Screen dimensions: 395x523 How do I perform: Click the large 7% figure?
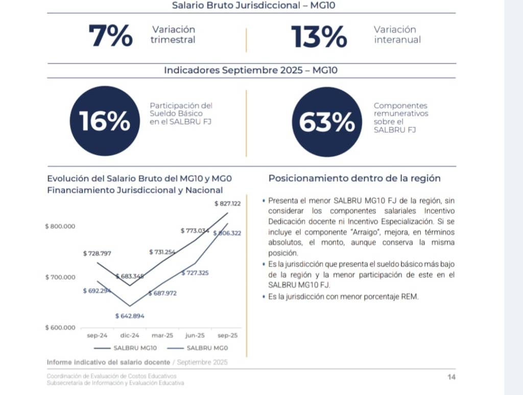(x=110, y=36)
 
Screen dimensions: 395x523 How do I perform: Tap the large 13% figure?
(x=319, y=36)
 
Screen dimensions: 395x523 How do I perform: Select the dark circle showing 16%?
(x=104, y=122)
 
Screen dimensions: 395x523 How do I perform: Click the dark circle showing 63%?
(x=326, y=122)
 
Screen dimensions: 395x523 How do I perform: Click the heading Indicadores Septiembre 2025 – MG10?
(x=250, y=71)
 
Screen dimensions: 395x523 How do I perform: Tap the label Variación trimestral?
(x=173, y=35)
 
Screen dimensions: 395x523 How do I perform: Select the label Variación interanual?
(x=397, y=35)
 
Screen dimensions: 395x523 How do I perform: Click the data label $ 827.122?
(x=227, y=203)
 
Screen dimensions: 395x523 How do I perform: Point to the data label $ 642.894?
(x=130, y=316)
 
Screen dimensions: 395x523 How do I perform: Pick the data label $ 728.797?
(x=97, y=253)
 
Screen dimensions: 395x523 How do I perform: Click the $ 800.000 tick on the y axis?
(x=60, y=226)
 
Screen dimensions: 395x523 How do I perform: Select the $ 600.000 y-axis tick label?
(x=60, y=328)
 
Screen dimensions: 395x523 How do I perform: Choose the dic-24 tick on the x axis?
(x=130, y=336)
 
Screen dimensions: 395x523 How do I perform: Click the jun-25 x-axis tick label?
(x=195, y=336)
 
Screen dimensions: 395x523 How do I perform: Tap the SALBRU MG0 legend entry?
(x=199, y=348)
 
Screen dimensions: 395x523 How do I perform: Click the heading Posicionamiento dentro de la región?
(x=354, y=178)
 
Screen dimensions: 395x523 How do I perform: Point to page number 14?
(x=451, y=377)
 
